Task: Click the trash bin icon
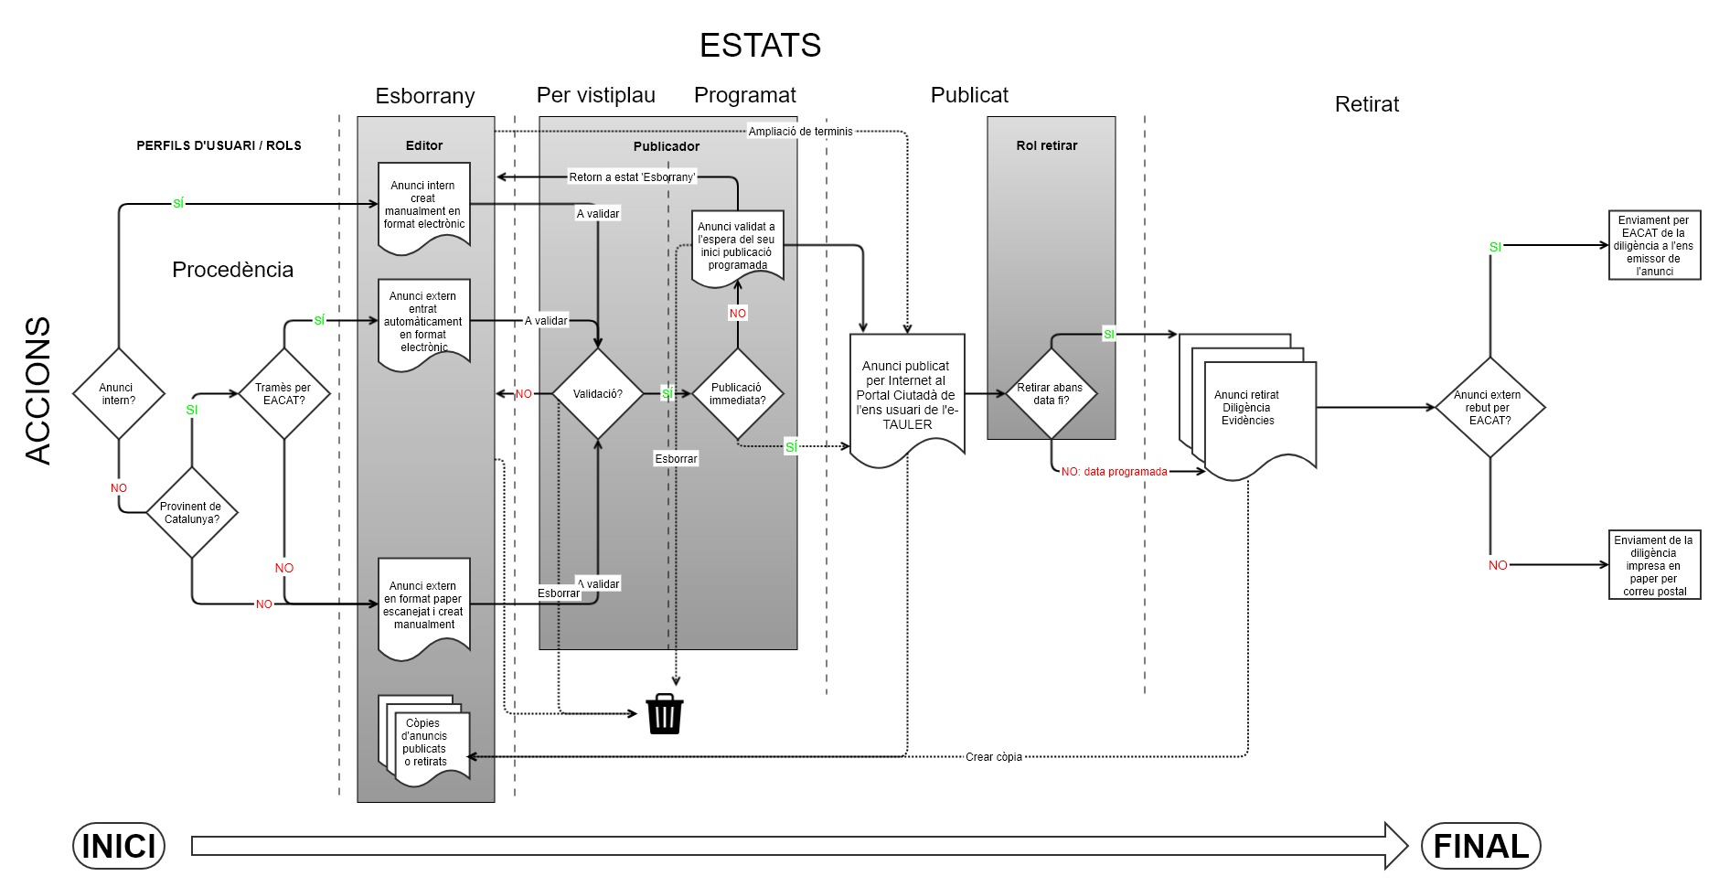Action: (665, 714)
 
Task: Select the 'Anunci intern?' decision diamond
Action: (118, 394)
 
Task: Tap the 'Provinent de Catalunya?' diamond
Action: (191, 512)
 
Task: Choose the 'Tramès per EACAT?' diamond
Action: (283, 394)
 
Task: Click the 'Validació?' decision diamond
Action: (598, 394)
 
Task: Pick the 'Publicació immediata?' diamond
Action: (737, 394)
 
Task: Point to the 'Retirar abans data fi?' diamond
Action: (1051, 394)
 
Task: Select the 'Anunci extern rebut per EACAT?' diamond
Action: (1489, 408)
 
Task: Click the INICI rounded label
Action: (119, 846)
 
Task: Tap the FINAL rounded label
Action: (1480, 846)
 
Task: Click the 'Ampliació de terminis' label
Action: (800, 132)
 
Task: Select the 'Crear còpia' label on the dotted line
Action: (993, 757)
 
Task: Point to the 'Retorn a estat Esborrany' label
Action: (632, 177)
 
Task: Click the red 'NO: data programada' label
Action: (1114, 472)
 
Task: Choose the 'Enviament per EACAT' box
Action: (1654, 245)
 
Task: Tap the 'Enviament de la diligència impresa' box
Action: (1654, 565)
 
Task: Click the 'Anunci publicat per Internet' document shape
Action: (907, 396)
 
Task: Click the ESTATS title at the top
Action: (760, 46)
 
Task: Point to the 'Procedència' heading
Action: (232, 270)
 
